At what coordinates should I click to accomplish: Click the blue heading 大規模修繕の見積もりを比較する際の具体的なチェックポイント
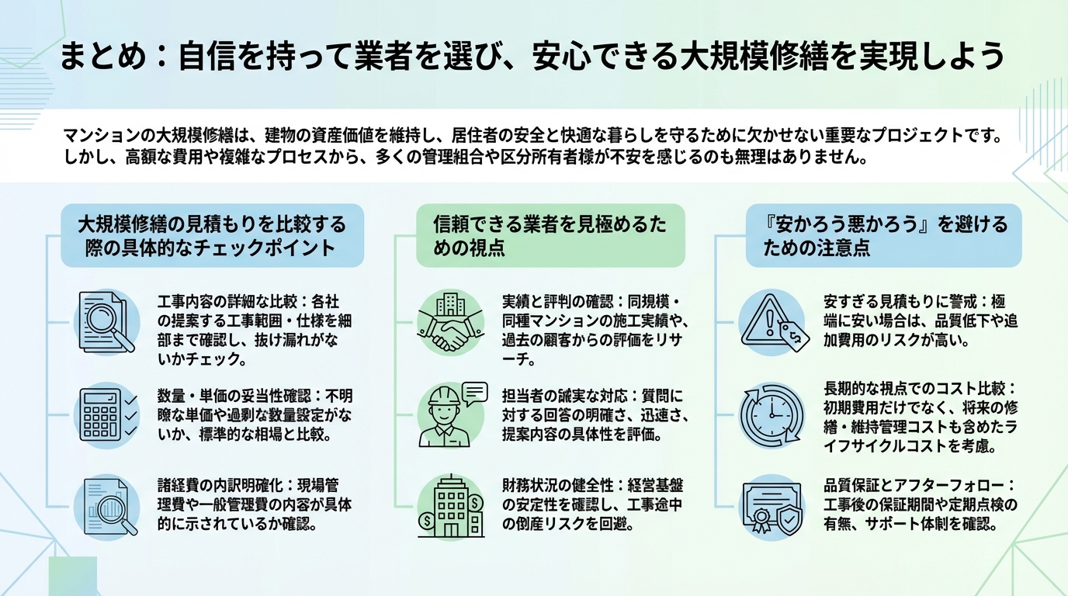click(212, 236)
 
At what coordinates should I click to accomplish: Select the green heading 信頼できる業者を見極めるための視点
click(550, 236)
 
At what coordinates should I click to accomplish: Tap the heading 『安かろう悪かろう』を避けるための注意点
click(883, 236)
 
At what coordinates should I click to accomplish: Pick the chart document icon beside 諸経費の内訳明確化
click(107, 506)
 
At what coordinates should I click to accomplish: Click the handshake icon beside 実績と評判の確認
click(450, 324)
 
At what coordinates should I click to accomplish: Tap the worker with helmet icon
click(445, 419)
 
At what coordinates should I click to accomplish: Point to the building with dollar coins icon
click(450, 506)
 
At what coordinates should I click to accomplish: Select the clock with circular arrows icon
click(771, 414)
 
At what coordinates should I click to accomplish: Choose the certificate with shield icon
click(771, 508)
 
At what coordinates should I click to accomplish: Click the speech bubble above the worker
click(474, 391)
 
